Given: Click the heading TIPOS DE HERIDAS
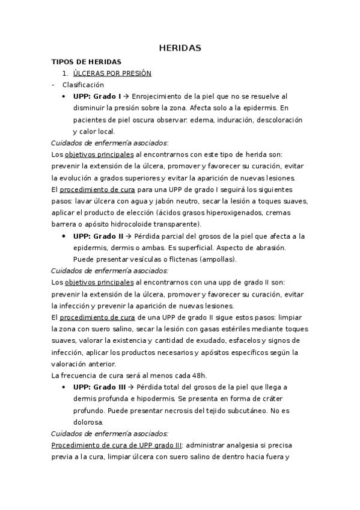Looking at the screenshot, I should (x=87, y=61).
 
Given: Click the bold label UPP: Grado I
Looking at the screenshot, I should (x=97, y=96).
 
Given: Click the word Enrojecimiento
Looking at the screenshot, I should (x=159, y=96).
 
